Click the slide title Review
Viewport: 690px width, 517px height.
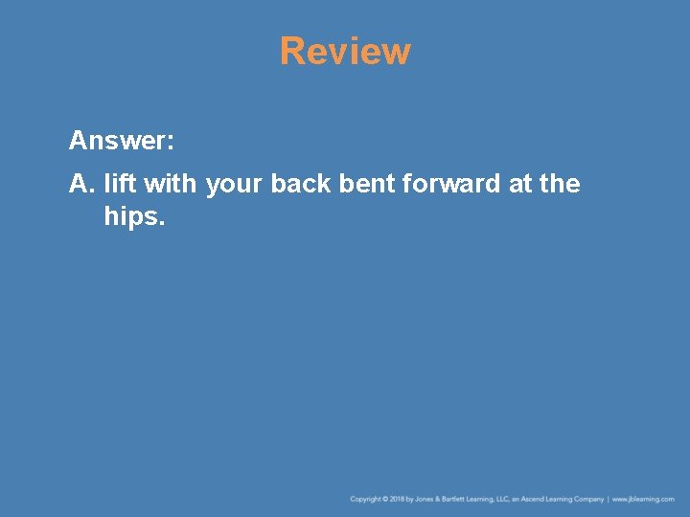[x=345, y=52]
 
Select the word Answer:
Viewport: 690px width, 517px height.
[x=122, y=142]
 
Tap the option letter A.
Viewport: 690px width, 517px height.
[x=80, y=183]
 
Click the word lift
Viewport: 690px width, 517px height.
[x=119, y=183]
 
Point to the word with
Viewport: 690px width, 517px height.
[x=170, y=183]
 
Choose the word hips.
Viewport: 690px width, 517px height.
[x=134, y=218]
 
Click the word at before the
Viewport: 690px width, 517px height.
[x=520, y=183]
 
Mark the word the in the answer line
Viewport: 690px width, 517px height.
[x=560, y=183]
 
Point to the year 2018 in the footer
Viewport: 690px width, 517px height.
[x=398, y=499]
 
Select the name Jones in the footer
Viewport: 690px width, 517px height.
[x=425, y=499]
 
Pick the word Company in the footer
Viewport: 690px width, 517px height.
[x=589, y=499]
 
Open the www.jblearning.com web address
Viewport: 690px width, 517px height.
[x=643, y=499]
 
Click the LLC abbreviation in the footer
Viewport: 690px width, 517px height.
[x=503, y=499]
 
